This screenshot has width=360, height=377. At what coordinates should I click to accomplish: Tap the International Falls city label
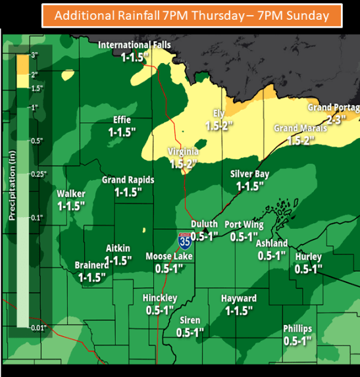pyautogui.click(x=134, y=45)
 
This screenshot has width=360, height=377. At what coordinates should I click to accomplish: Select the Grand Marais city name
pyautogui.click(x=299, y=128)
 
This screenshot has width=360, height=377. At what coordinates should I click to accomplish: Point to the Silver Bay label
pyautogui.click(x=251, y=174)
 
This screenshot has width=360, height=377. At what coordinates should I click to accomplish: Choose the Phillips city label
pyautogui.click(x=297, y=329)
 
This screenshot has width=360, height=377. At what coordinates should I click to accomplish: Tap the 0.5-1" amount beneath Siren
pyautogui.click(x=190, y=332)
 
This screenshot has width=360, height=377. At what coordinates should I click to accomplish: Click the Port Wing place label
pyautogui.click(x=244, y=225)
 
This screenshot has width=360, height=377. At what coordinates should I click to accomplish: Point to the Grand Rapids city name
pyautogui.click(x=128, y=180)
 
